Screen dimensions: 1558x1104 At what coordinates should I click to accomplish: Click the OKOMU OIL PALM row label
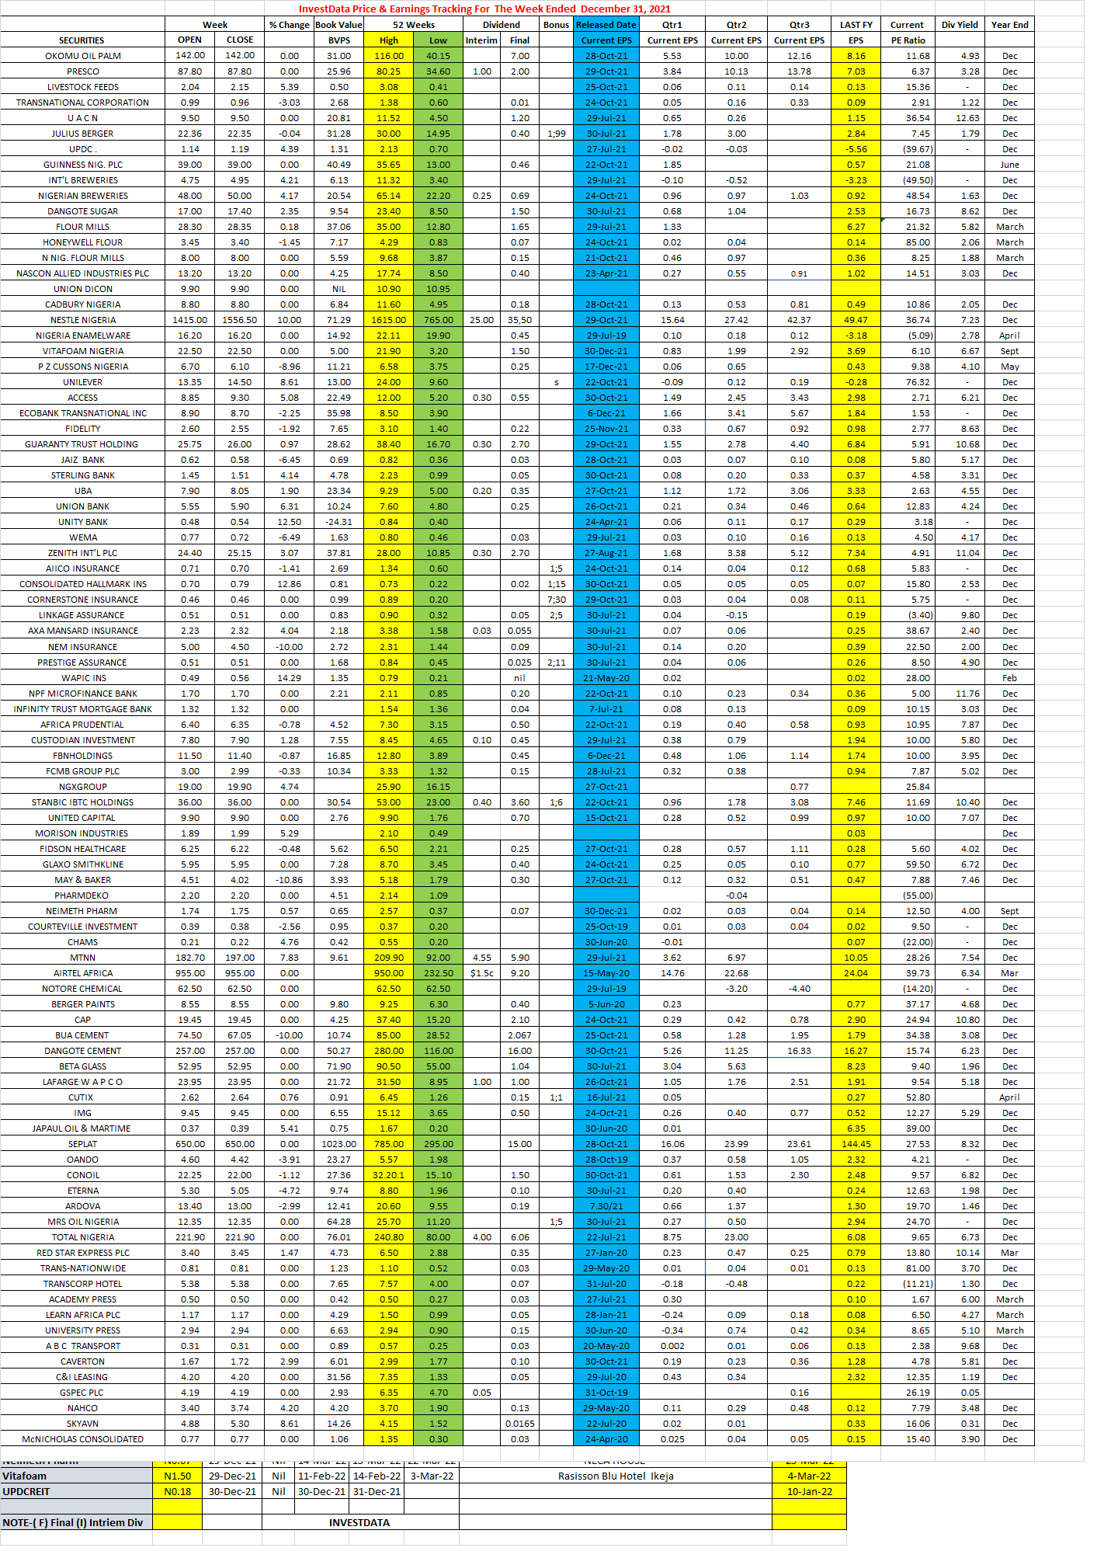point(82,56)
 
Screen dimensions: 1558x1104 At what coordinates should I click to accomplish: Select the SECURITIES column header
point(82,40)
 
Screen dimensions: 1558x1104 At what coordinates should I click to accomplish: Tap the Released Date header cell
point(606,25)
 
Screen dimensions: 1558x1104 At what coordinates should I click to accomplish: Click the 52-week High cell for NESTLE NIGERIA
point(388,320)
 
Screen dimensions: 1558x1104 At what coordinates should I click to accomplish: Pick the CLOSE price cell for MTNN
point(239,958)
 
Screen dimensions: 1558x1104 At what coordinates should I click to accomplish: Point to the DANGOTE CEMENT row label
point(82,1051)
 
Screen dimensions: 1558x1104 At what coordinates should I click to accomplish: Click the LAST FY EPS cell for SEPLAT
point(856,1144)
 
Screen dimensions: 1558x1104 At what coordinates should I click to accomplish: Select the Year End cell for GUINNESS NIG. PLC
point(1009,165)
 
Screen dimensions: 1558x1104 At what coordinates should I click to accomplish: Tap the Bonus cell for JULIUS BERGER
point(556,134)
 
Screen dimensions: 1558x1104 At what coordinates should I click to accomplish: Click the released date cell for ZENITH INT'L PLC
point(606,553)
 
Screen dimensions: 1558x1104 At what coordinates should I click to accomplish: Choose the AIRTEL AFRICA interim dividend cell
point(481,973)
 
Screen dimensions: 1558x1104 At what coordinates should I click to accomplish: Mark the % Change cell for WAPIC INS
point(289,678)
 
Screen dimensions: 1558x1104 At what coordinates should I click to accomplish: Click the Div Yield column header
point(960,25)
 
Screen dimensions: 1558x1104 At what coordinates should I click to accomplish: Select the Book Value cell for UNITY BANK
point(338,522)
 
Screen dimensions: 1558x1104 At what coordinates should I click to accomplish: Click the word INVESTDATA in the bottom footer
point(359,1522)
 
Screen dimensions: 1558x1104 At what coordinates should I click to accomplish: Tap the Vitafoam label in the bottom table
point(25,1476)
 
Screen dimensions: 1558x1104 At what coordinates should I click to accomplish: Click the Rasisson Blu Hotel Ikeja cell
point(616,1476)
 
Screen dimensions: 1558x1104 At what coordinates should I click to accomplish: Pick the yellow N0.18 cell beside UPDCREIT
point(177,1491)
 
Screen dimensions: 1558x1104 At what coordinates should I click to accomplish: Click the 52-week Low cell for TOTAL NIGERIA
point(438,1237)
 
